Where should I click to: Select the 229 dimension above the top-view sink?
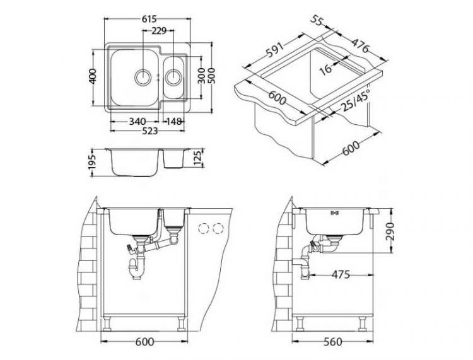pyautogui.click(x=159, y=31)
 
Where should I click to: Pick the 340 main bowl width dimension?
pyautogui.click(x=137, y=121)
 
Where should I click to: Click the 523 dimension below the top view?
pyautogui.click(x=149, y=131)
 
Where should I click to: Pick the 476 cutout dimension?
pyautogui.click(x=360, y=48)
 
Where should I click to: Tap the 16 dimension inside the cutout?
pyautogui.click(x=326, y=69)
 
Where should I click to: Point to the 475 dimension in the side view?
pyautogui.click(x=340, y=275)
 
